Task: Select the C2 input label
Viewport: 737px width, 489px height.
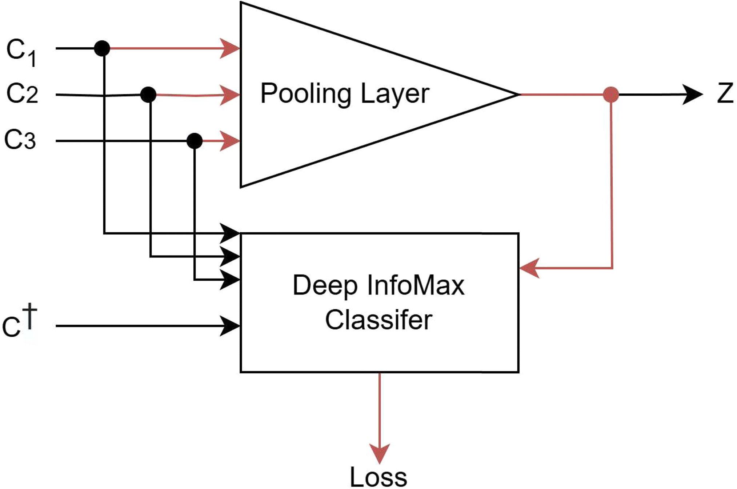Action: pyautogui.click(x=22, y=93)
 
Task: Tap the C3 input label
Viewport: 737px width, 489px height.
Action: pyautogui.click(x=20, y=139)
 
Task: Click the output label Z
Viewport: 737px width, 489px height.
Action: pyautogui.click(x=725, y=93)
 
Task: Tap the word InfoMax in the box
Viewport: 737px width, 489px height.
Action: pyautogui.click(x=416, y=285)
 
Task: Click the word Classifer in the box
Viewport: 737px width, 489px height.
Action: pyautogui.click(x=378, y=320)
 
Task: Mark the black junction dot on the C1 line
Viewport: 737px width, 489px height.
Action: pyautogui.click(x=102, y=48)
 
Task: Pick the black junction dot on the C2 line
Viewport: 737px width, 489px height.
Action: pyautogui.click(x=148, y=95)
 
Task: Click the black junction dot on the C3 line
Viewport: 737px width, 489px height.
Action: pyautogui.click(x=195, y=141)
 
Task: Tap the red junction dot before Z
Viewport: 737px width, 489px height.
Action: pyautogui.click(x=611, y=95)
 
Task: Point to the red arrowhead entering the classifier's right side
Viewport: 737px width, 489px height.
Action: pyautogui.click(x=529, y=268)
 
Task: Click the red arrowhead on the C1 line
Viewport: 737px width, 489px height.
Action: pyautogui.click(x=230, y=48)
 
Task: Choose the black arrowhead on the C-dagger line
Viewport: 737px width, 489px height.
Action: pyautogui.click(x=230, y=326)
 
